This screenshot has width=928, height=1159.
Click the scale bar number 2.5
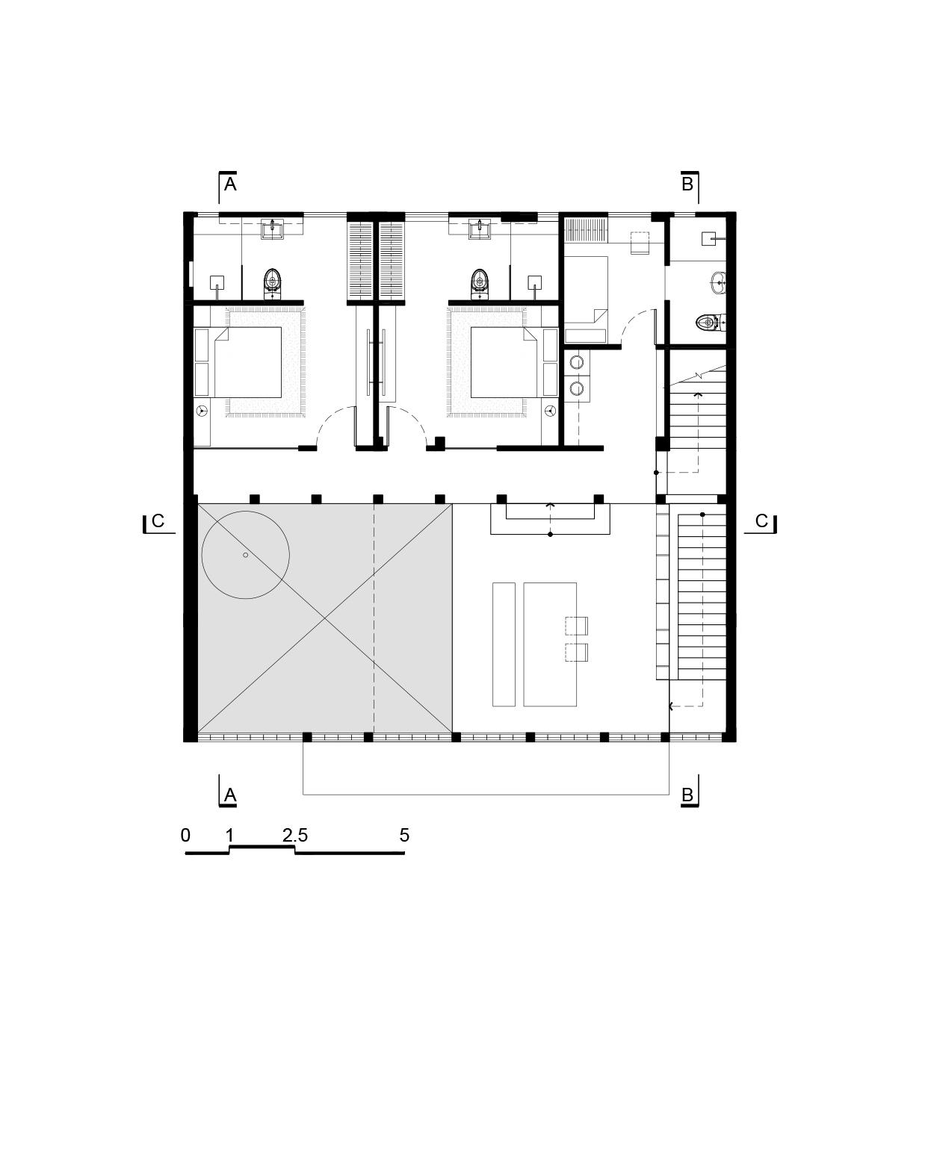click(x=295, y=836)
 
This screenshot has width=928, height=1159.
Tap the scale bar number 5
click(x=404, y=836)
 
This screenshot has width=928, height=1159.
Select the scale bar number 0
click(x=185, y=836)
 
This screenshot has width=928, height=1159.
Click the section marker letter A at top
click(x=230, y=184)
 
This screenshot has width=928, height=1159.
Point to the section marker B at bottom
click(x=687, y=795)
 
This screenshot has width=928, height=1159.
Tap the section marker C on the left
click(x=158, y=521)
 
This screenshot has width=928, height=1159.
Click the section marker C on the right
click(x=761, y=521)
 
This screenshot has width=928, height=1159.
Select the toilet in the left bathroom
click(x=273, y=283)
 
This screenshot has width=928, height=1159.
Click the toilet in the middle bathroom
click(x=479, y=283)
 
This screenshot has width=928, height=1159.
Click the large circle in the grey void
click(x=245, y=555)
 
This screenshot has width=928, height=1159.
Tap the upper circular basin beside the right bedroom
click(x=577, y=362)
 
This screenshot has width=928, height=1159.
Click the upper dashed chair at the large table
click(x=576, y=626)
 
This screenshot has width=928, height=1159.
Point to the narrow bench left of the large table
click(x=504, y=644)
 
